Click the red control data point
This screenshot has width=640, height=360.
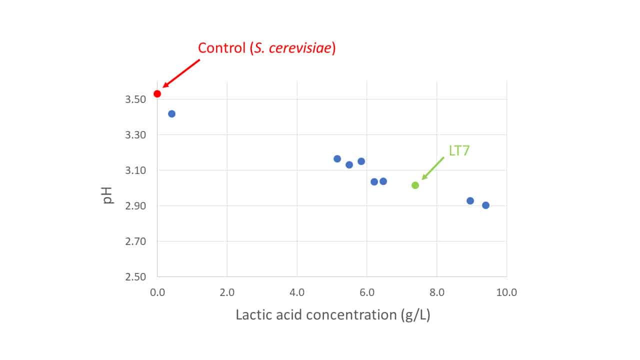157,93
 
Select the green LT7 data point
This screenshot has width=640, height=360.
415,185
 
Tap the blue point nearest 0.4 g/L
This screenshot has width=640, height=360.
171,114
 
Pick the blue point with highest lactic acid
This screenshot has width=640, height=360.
485,205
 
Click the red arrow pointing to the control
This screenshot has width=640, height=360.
181,73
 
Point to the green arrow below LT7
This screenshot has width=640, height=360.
433,168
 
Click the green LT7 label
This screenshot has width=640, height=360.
459,150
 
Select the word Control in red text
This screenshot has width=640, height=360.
221,47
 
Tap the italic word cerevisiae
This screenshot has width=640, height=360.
300,47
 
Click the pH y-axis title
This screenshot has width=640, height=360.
107,195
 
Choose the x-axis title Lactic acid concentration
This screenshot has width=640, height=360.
316,314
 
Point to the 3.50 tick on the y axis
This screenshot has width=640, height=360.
135,99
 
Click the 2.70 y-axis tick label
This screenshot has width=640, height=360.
135,241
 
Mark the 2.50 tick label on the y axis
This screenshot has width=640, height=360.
135,277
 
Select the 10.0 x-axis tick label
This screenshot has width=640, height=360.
506,292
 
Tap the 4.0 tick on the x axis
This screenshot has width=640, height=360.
297,292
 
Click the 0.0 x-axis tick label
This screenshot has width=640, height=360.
157,292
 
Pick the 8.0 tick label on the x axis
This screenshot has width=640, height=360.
437,292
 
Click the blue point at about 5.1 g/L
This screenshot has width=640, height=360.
337,159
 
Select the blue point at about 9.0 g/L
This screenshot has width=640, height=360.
470,201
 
